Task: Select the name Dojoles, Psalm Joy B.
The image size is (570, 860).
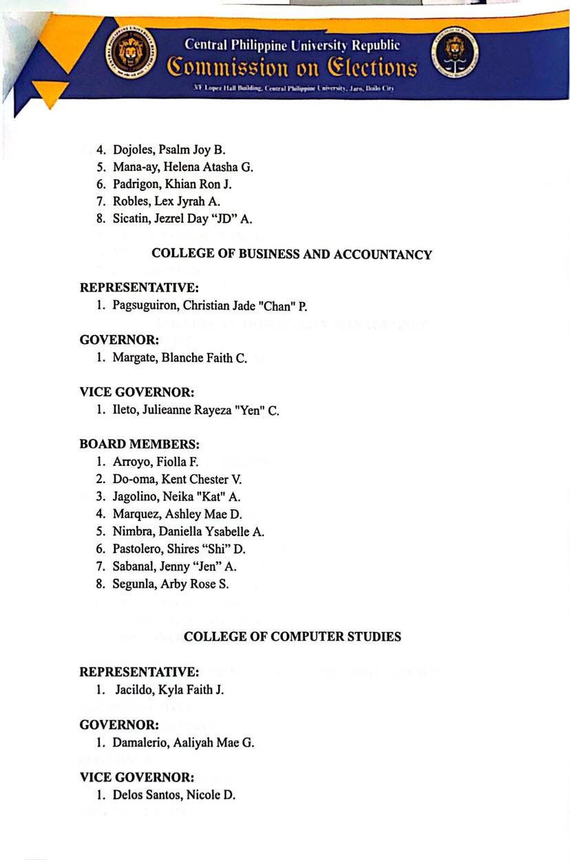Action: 169,149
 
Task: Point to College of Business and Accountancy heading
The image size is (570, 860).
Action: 292,254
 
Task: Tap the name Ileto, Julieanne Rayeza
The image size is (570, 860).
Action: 196,411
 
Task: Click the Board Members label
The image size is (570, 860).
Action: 140,444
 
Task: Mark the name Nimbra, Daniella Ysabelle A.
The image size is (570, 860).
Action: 188,531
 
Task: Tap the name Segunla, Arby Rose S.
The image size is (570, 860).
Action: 171,584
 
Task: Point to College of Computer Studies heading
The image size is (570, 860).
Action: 293,637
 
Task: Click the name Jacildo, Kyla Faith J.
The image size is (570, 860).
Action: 169,689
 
